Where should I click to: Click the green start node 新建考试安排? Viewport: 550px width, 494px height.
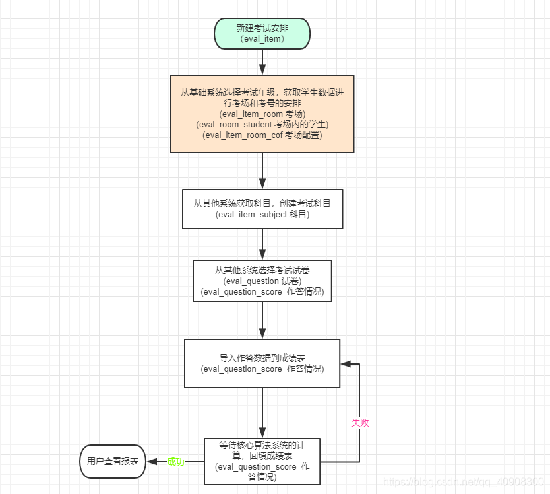(x=262, y=33)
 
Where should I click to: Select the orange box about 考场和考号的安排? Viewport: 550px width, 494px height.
(x=262, y=114)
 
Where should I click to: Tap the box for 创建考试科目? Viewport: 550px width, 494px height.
(x=262, y=209)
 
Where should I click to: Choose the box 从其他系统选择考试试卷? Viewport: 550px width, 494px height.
(x=262, y=281)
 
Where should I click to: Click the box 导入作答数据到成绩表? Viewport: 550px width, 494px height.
(x=262, y=363)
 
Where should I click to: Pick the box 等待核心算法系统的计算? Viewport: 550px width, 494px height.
(x=262, y=461)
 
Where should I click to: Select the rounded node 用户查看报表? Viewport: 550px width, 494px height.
(x=113, y=461)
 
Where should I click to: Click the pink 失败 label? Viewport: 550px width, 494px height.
(x=359, y=423)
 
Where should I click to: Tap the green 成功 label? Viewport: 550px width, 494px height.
(x=175, y=462)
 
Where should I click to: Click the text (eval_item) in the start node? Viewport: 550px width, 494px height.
(x=262, y=39)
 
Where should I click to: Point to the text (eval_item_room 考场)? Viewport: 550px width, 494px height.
(x=262, y=114)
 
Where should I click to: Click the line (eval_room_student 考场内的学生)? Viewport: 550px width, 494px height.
(x=262, y=124)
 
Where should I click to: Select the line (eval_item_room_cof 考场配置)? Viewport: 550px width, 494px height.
(x=262, y=135)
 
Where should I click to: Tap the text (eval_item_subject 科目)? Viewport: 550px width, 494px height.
(x=262, y=215)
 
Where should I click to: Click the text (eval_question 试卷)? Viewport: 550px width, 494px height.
(x=262, y=281)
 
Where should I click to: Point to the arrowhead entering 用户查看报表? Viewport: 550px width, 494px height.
(x=151, y=461)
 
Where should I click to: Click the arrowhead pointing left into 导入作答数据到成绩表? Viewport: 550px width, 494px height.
(x=346, y=363)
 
